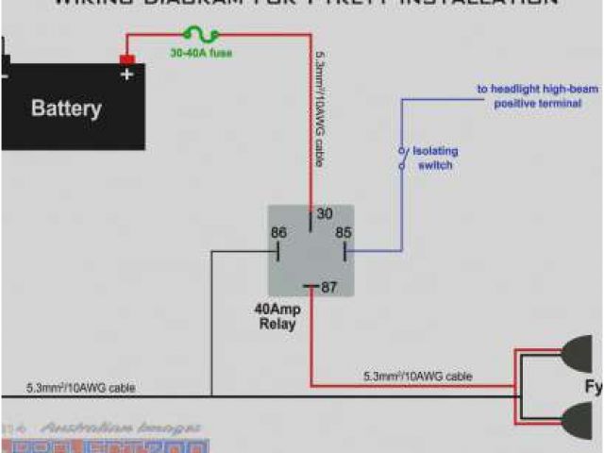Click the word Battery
click(x=66, y=108)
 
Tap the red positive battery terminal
click(x=126, y=60)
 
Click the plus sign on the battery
click(x=126, y=75)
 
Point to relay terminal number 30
click(x=324, y=214)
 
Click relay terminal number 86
click(x=278, y=233)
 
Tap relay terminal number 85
click(x=343, y=233)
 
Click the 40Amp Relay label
click(x=277, y=316)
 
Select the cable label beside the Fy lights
click(x=417, y=377)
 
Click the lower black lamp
click(x=578, y=418)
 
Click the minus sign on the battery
click(x=5, y=75)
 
